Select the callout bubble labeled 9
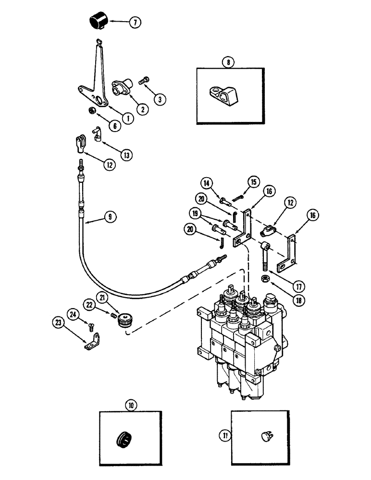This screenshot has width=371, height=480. [110, 216]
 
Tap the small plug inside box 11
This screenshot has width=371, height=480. [266, 436]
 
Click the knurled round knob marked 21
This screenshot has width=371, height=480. [127, 319]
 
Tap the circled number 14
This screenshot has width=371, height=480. [207, 182]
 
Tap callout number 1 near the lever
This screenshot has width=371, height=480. [127, 116]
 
